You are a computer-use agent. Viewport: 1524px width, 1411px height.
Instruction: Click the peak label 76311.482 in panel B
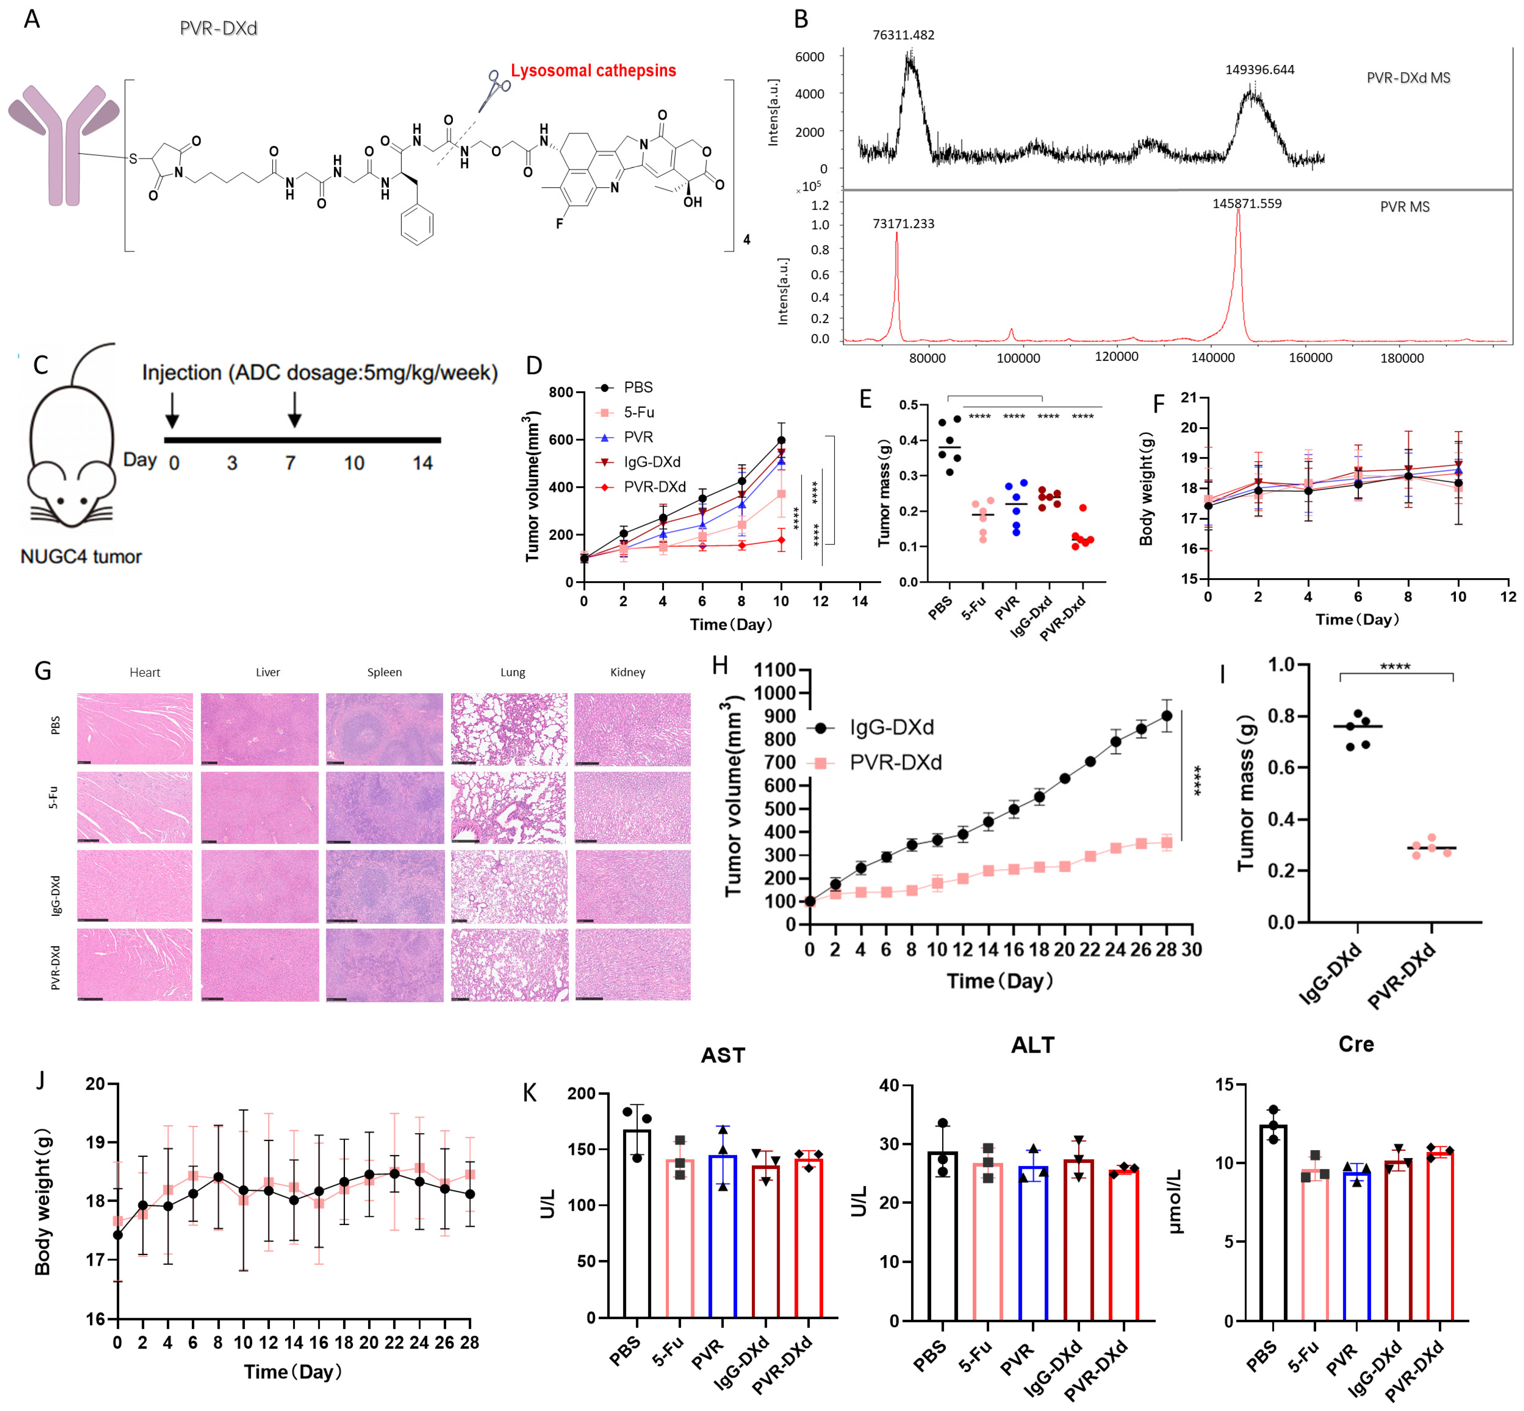point(903,35)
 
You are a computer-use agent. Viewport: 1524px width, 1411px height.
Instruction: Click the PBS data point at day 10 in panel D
point(781,440)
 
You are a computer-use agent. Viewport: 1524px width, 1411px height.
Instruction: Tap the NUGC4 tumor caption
point(81,556)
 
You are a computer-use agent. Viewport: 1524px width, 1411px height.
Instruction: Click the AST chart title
point(722,1055)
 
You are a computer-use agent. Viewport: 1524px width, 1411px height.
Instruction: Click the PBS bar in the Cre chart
point(1273,1222)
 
